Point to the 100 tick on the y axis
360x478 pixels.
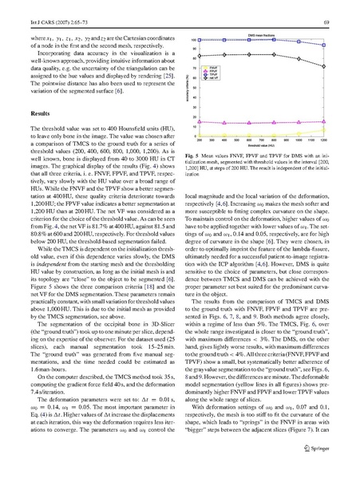coord(197,39)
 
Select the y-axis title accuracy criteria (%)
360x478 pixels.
coord(189,88)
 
